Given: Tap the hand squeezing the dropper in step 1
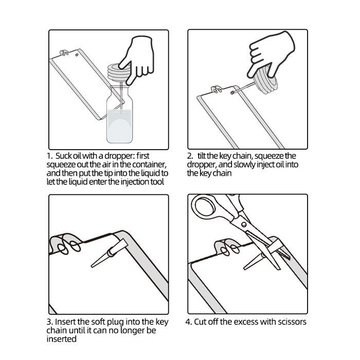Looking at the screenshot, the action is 138,59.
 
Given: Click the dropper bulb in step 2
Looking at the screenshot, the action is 266,80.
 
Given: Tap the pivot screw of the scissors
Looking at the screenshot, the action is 244,224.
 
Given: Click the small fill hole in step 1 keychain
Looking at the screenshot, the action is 77,55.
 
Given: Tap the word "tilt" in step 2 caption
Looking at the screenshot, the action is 202,156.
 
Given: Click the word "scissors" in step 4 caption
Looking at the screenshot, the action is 292,322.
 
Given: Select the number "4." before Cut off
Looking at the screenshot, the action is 189,322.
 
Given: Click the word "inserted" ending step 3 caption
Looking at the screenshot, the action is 61,339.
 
